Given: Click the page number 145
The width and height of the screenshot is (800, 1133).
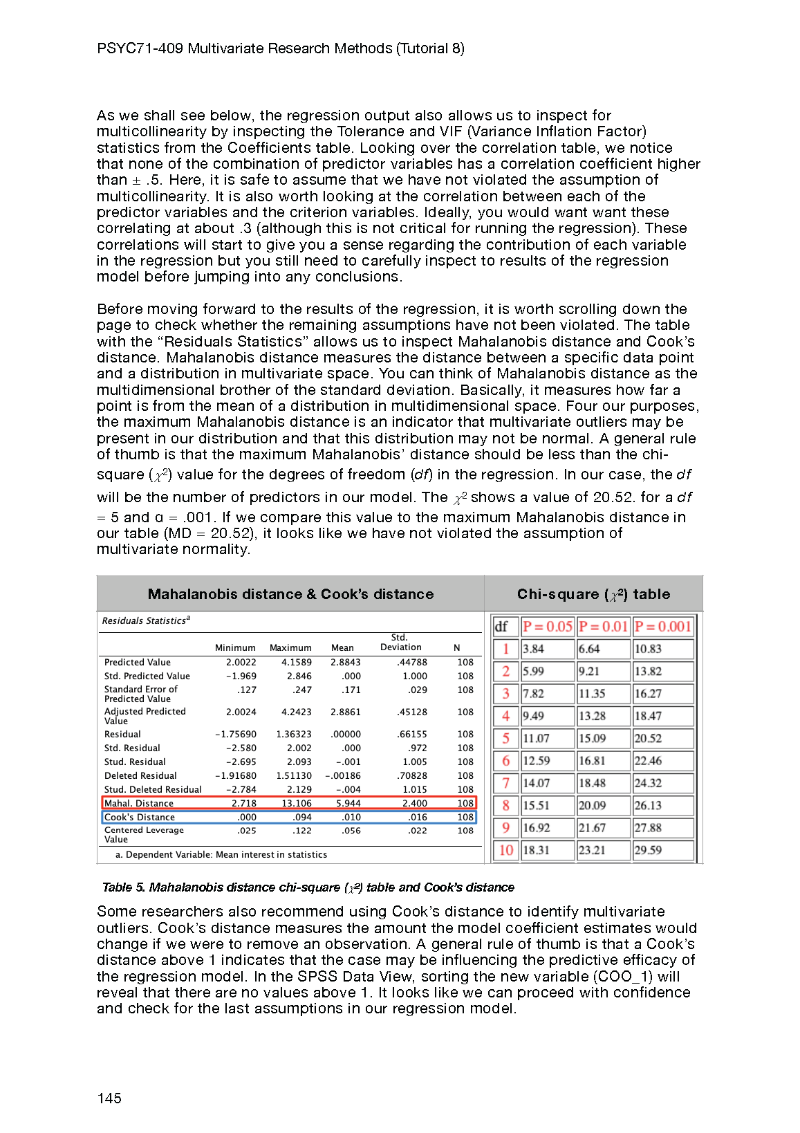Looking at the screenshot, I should click(x=109, y=1098).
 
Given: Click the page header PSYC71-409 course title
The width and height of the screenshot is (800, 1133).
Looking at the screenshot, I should click(x=280, y=48).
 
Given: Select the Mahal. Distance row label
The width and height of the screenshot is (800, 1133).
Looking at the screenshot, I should click(x=139, y=803).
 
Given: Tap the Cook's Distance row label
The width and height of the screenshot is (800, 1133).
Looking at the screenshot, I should click(x=140, y=817).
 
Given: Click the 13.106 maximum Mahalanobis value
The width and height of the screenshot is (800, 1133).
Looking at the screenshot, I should click(x=296, y=803).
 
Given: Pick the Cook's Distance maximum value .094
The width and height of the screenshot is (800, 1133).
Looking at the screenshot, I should click(x=302, y=817).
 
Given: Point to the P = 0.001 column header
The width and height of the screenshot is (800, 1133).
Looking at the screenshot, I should click(x=662, y=627).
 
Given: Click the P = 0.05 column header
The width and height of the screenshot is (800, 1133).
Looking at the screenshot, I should click(x=547, y=627).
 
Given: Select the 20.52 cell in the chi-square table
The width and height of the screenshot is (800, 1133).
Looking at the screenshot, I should click(x=648, y=738).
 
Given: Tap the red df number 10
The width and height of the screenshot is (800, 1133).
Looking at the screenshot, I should click(x=506, y=850).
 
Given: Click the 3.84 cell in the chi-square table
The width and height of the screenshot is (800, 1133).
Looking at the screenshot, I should click(x=533, y=649).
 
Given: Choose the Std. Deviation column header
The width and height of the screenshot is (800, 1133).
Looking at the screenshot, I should click(x=400, y=643).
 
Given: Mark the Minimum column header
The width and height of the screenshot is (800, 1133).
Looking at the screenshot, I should click(x=235, y=647).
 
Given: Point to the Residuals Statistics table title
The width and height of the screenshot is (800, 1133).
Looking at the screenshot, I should click(x=146, y=620).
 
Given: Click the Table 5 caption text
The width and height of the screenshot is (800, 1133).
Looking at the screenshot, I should click(x=308, y=887).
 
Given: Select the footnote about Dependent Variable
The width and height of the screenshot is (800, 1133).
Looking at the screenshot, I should click(x=221, y=854).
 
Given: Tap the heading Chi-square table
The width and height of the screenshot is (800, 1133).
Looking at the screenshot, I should click(x=593, y=594).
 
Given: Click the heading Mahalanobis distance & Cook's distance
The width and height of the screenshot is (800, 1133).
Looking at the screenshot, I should click(x=290, y=594).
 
